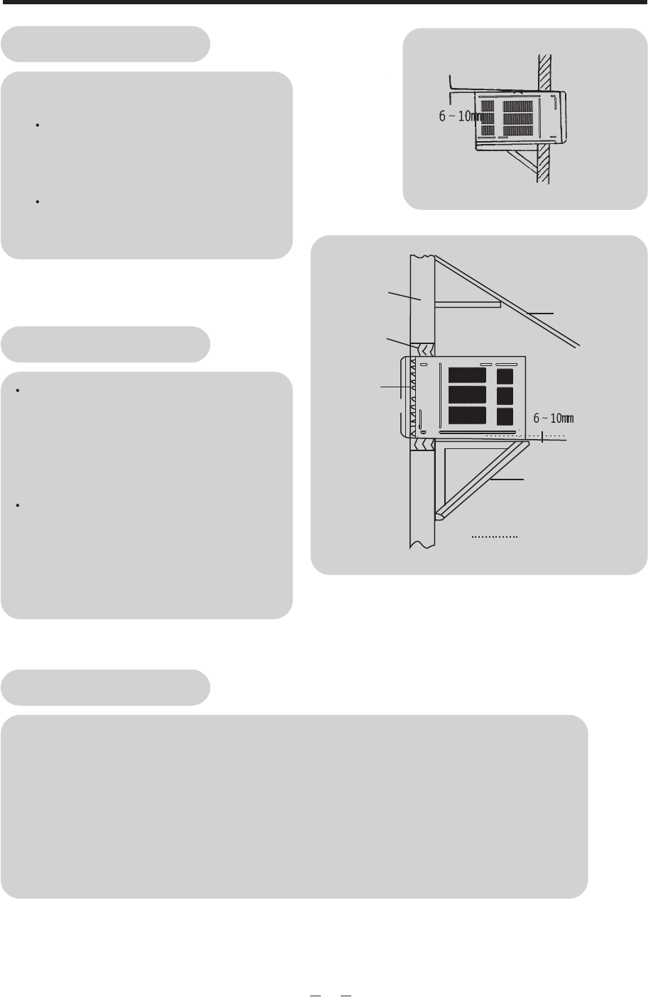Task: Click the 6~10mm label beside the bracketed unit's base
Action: tap(553, 418)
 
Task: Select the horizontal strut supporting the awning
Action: tap(468, 304)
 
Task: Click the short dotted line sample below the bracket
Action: tap(496, 538)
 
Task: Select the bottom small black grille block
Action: tap(504, 416)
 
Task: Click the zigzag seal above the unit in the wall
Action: tap(424, 350)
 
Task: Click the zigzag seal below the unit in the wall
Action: tap(424, 445)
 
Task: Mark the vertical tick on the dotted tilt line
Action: tap(542, 436)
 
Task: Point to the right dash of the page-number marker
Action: tap(346, 994)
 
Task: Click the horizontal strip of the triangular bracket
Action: tap(483, 445)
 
